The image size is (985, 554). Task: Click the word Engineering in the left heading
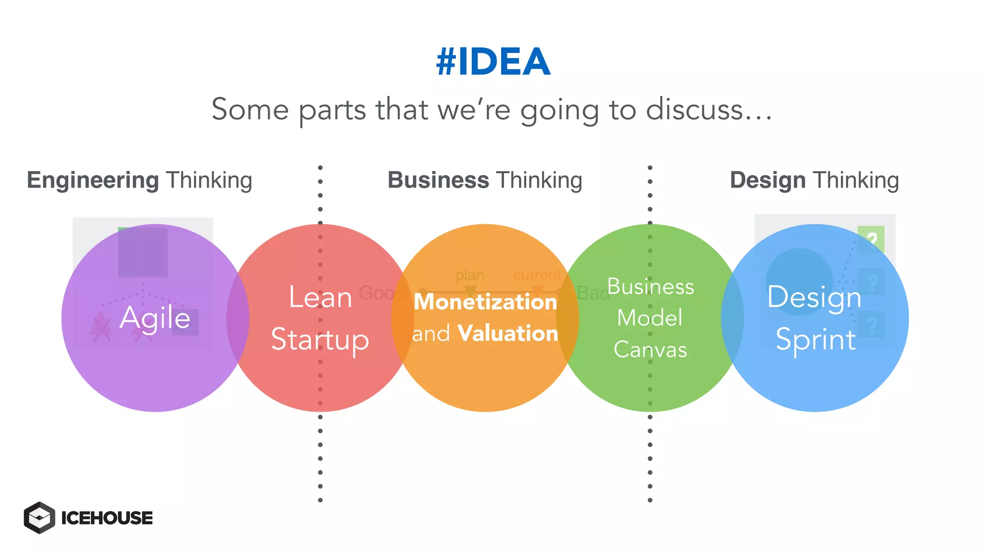tap(92, 181)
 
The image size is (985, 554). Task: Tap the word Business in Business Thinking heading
tap(438, 180)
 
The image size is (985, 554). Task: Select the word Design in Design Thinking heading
tap(768, 180)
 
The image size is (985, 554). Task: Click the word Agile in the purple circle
tap(155, 318)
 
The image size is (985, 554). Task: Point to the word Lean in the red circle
tap(320, 297)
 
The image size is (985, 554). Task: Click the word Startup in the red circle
tap(320, 340)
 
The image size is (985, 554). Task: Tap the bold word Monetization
tap(485, 302)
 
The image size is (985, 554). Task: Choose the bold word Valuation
tap(507, 333)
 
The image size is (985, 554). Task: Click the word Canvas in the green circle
tap(650, 350)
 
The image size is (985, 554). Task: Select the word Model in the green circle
tap(650, 318)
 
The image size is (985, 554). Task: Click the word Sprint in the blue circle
tap(816, 340)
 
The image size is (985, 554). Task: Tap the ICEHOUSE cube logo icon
tap(39, 517)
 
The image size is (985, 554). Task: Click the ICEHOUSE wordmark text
tap(107, 518)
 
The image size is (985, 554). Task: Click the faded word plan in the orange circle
tap(470, 275)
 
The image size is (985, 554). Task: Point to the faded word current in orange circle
tap(537, 275)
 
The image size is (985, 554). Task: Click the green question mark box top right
tap(871, 239)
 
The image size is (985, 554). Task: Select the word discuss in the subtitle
tap(695, 110)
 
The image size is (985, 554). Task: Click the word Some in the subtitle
tap(250, 110)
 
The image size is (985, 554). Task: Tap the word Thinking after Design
tap(856, 181)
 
